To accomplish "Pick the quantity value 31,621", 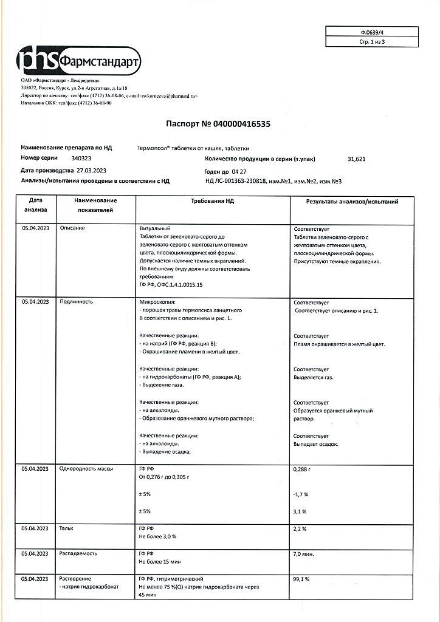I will coord(357,159).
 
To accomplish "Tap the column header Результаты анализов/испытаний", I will coord(352,201).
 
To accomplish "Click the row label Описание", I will coord(72,228).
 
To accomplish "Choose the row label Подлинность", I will coord(75,302).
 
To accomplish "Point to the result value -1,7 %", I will coord(301,494).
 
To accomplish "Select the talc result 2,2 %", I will coord(300,529).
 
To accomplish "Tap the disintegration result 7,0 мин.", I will coord(303,554).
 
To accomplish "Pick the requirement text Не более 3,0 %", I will coord(157,537).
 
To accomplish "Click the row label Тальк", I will coord(66,529).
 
